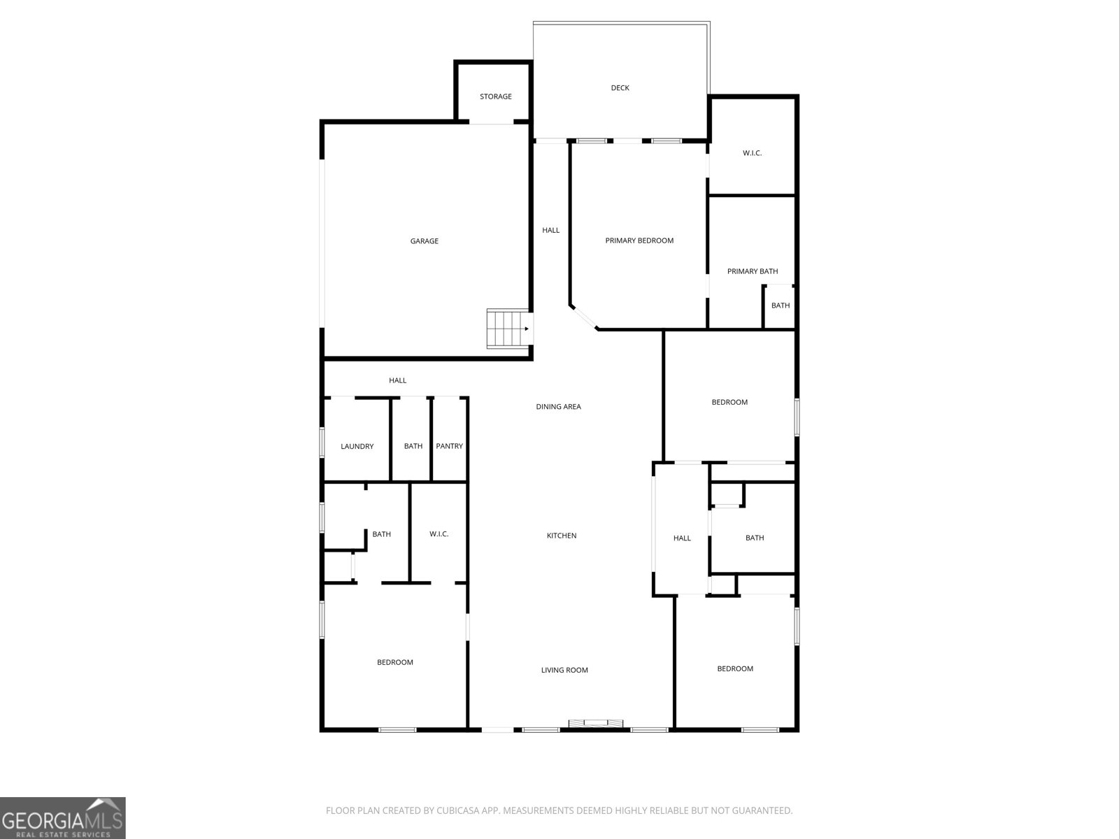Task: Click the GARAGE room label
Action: [424, 241]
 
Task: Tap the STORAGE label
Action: [495, 96]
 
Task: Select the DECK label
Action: [620, 88]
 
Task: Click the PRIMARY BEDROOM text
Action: [639, 241]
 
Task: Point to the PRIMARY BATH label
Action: [752, 271]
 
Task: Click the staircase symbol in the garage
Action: [507, 329]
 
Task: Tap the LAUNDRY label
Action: [357, 447]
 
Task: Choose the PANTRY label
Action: [449, 446]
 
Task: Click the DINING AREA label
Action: [558, 407]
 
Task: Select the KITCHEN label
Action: [562, 536]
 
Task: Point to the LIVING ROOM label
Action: [564, 671]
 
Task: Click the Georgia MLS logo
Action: [62, 818]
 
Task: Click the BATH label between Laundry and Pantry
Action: [413, 446]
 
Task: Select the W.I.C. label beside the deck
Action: [752, 153]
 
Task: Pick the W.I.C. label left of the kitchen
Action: [439, 534]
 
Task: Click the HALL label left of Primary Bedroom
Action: [550, 230]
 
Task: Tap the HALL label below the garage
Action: [397, 380]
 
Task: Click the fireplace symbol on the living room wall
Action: [595, 724]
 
